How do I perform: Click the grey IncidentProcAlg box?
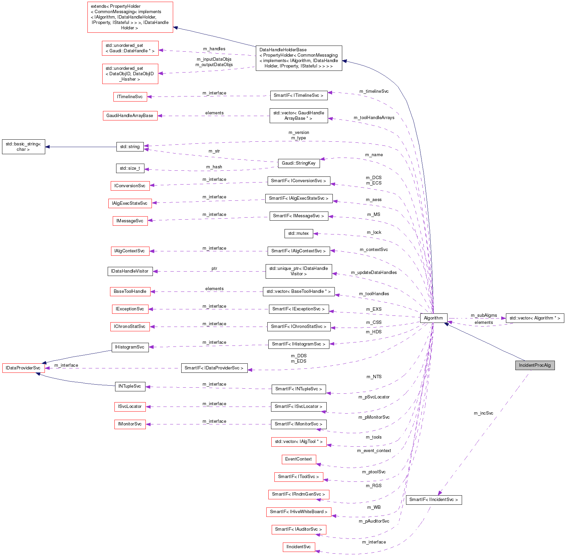point(535,365)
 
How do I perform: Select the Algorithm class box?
point(433,318)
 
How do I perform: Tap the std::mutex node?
point(298,233)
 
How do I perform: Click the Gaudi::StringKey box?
point(298,163)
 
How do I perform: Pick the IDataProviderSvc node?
point(23,368)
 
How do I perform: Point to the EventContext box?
point(298,459)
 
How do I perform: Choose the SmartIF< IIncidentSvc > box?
point(433,500)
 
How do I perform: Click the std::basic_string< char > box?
point(23,147)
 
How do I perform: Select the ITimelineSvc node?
point(130,97)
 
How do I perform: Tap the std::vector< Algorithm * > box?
point(535,318)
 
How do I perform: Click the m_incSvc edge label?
point(483,413)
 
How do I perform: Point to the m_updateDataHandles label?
point(374,273)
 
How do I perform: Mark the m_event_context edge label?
point(374,451)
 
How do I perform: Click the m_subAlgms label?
point(484,315)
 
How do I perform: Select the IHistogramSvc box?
point(130,347)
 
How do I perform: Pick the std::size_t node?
point(130,168)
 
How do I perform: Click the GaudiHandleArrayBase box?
point(130,116)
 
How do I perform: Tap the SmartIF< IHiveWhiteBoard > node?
point(298,512)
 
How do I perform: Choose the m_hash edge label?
point(214,167)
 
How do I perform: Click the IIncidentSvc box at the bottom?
point(298,547)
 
